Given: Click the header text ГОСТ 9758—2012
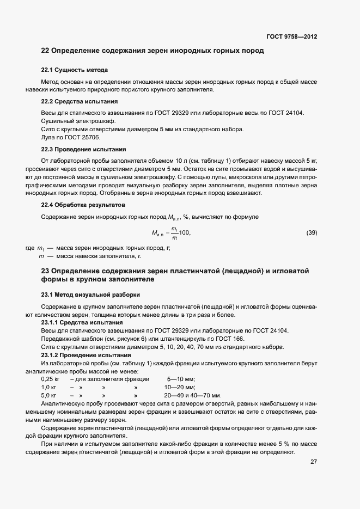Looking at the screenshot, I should (x=291, y=37).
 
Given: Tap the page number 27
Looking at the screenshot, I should (x=313, y=462).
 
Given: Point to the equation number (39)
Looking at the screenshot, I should (x=312, y=233).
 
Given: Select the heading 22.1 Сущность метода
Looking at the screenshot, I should (x=74, y=70).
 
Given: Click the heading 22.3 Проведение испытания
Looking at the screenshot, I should (x=83, y=149).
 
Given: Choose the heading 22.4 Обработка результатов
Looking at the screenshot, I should (x=83, y=205).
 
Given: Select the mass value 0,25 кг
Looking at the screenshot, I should (x=51, y=379).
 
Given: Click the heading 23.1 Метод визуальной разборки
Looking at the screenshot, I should (x=90, y=295).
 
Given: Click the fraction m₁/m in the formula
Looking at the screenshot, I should (x=174, y=232).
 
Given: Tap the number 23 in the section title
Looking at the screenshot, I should (x=46, y=271).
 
